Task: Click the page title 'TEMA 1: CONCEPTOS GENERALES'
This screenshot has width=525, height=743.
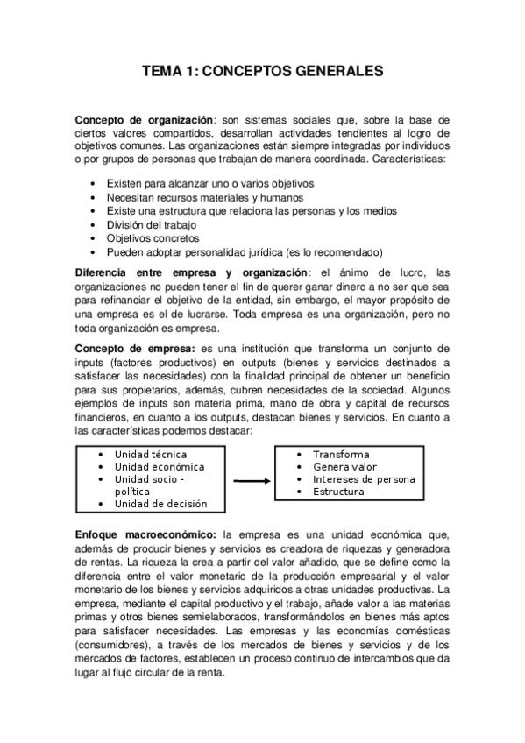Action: [x=263, y=74]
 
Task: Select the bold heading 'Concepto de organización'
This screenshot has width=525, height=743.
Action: [x=144, y=120]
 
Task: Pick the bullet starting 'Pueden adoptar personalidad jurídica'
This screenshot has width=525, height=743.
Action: [x=233, y=251]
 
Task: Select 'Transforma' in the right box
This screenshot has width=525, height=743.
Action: [x=341, y=455]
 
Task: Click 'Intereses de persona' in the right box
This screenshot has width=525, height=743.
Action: [x=364, y=479]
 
